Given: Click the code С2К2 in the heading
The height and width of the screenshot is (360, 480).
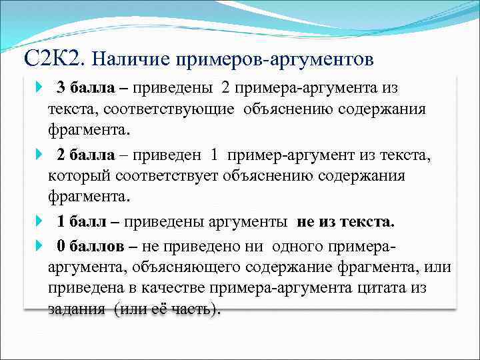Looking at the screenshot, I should pos(53,59).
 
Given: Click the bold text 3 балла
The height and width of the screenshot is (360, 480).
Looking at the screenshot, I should pos(84,87).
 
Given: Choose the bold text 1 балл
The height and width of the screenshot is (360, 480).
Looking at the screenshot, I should pos(81,221).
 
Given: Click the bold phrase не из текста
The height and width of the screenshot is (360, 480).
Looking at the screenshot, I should pos(346,221).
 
